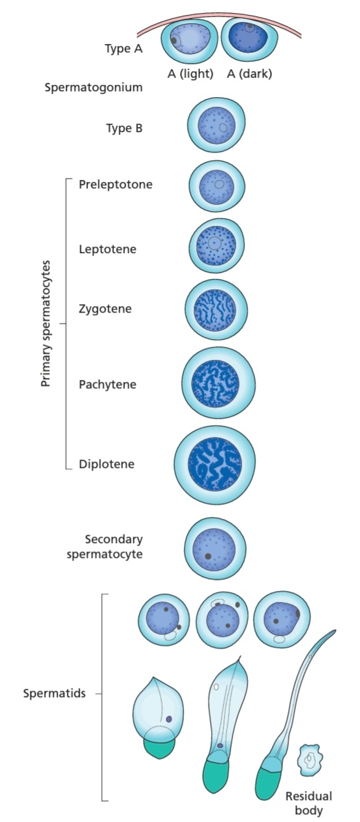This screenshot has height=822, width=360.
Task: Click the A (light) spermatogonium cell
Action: tap(190, 41)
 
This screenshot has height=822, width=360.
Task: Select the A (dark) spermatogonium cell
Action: tap(249, 39)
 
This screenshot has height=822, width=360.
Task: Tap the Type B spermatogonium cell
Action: tap(216, 125)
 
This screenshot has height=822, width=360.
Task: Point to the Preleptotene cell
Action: tap(216, 186)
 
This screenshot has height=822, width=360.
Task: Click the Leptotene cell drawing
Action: tap(216, 245)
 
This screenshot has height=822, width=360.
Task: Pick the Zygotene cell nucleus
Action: tap(215, 310)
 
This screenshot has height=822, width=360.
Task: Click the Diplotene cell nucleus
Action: tap(215, 464)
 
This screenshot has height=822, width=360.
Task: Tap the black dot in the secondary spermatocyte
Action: tap(208, 556)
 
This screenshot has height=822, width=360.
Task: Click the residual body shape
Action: tap(311, 757)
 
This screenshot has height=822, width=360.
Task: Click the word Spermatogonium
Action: tap(94, 88)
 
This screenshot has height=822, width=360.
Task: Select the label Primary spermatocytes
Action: tap(45, 324)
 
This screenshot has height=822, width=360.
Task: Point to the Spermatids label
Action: tap(54, 693)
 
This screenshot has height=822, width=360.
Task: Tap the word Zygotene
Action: tap(106, 309)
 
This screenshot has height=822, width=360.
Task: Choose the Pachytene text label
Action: tap(107, 384)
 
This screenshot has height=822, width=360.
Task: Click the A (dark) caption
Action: tap(249, 74)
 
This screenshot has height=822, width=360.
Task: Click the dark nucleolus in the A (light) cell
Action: tap(174, 40)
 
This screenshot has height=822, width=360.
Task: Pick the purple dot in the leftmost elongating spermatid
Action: tap(169, 719)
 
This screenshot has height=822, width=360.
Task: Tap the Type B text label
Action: tap(124, 128)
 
